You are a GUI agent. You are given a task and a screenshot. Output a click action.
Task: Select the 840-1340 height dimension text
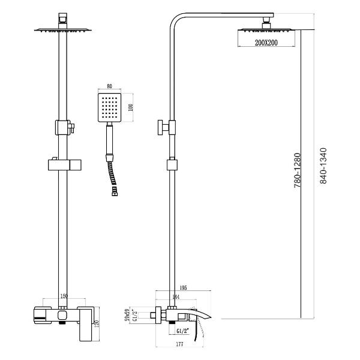coord(323,165)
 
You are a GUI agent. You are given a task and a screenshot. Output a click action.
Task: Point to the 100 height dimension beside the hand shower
coord(131,107)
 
